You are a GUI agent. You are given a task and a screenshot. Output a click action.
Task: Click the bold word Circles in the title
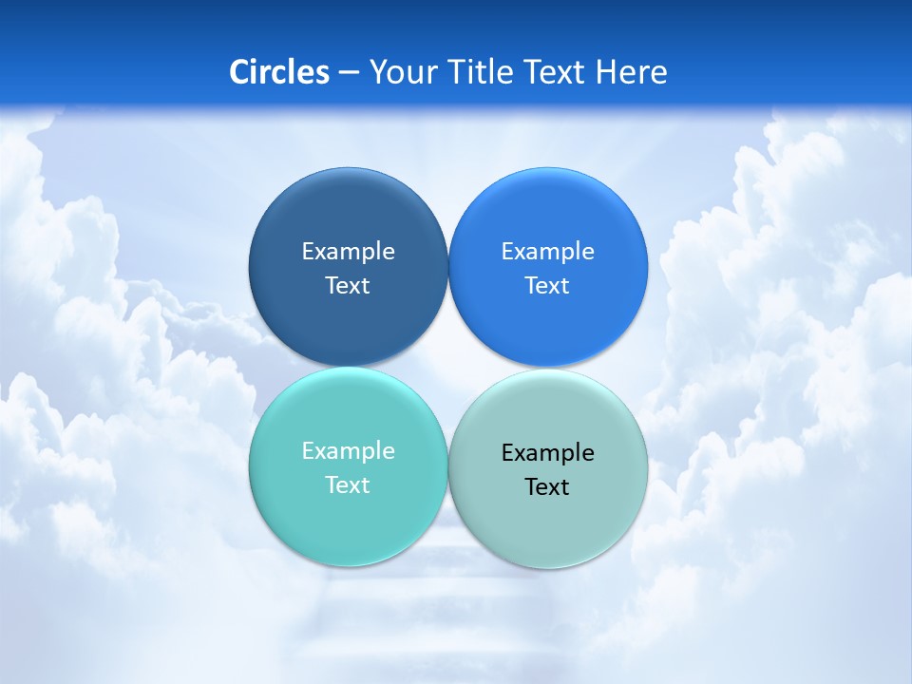coord(279,72)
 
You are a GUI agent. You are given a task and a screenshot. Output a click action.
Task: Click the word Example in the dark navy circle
coord(348,252)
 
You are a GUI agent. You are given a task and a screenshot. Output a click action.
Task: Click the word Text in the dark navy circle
coord(348,286)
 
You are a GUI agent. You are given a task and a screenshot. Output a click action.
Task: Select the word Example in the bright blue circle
coord(548,252)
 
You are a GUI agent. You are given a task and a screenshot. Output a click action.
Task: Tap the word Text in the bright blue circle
coord(548,286)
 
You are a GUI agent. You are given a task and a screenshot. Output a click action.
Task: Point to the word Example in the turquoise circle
coord(348,451)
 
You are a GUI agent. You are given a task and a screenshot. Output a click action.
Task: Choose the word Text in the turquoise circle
coord(348,485)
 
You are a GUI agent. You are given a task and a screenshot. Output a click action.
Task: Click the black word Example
coord(548,453)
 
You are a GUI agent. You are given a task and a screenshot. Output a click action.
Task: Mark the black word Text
coord(548,487)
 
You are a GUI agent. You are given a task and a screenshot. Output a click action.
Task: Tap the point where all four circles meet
coord(448,367)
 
